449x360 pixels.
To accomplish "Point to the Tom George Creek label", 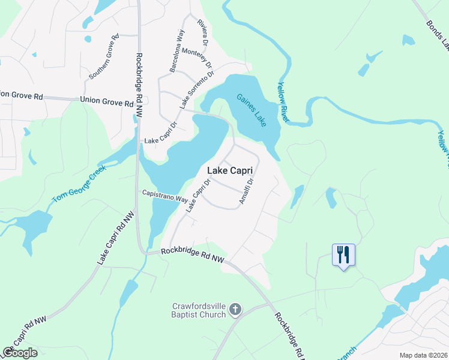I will [x=79, y=183].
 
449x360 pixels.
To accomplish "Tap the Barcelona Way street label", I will [x=176, y=51].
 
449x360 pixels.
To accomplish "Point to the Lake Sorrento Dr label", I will [x=196, y=90].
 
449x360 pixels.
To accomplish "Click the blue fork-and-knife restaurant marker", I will [x=343, y=255].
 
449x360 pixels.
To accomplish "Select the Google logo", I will [x=20, y=353].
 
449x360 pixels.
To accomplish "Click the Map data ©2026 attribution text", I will [x=423, y=355].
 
